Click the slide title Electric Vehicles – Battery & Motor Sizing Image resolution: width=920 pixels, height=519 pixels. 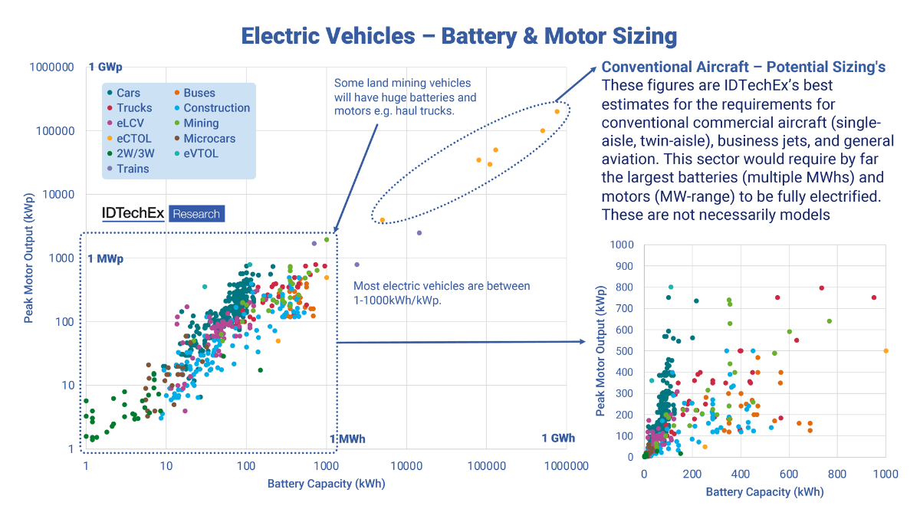459,35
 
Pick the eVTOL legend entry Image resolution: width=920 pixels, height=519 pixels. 200,153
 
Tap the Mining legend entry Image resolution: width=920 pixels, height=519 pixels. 200,123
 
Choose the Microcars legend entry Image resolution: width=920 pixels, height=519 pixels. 209,139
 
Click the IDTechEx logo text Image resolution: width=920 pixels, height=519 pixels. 133,213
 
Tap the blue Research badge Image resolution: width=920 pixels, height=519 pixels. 196,214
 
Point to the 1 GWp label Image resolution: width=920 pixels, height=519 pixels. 106,67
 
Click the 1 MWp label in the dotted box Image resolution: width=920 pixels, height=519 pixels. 106,258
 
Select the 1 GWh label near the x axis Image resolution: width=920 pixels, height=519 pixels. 557,439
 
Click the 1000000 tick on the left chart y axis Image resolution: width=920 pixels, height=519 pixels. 51,67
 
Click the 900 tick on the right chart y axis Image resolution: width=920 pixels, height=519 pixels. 623,266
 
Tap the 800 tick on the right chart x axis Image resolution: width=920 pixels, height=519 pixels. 837,473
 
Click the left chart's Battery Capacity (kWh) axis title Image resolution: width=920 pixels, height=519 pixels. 326,484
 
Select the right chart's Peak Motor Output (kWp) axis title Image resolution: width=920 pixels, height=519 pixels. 601,350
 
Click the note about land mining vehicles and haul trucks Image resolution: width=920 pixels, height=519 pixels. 404,97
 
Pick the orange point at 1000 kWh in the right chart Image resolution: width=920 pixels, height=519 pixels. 886,350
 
